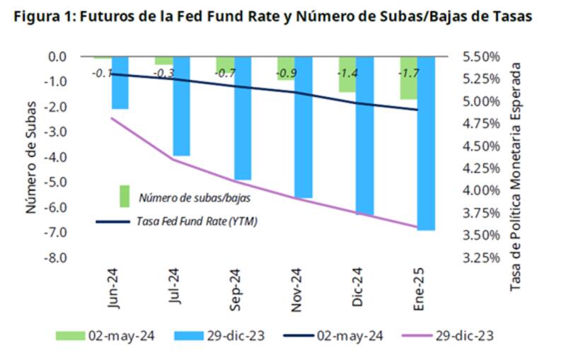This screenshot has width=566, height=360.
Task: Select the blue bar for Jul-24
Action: pos(182,106)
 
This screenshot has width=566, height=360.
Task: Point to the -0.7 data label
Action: pos(227,73)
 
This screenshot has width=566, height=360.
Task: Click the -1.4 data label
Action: pos(347,73)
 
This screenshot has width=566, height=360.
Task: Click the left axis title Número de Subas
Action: pos(32,158)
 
